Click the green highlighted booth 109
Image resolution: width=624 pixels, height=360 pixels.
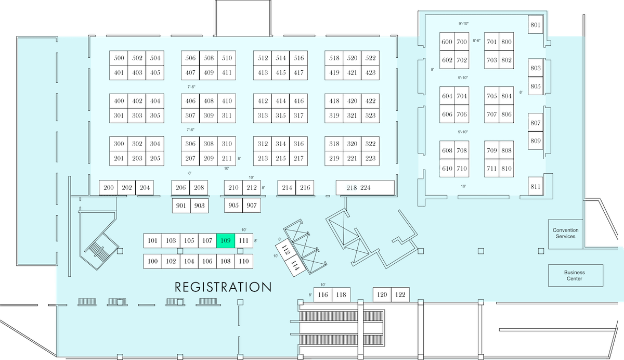point(226,240)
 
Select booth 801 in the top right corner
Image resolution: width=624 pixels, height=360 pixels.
point(536,24)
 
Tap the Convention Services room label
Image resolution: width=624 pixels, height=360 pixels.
point(566,233)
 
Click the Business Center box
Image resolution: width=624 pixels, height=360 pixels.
point(576,275)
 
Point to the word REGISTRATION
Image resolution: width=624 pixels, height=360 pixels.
point(223,287)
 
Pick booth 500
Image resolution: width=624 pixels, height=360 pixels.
point(119,58)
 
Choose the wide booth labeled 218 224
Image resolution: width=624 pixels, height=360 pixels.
point(365,187)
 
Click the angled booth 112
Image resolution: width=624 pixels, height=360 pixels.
point(285,250)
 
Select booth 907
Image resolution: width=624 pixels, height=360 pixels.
point(252,205)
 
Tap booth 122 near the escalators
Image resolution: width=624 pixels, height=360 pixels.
point(400,294)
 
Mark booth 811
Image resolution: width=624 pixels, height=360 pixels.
point(536,186)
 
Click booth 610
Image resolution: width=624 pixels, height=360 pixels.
point(447,169)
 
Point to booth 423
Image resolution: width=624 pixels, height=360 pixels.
point(370,73)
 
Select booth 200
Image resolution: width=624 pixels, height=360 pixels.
point(108,187)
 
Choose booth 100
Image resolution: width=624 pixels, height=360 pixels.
point(153,261)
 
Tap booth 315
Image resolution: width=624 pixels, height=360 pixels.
point(280,115)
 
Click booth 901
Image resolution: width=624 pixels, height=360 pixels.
point(181,205)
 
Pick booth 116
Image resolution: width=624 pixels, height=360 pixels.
point(323,294)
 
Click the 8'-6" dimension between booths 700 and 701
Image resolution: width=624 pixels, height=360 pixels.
point(477,41)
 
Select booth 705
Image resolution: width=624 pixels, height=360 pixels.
point(492,96)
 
